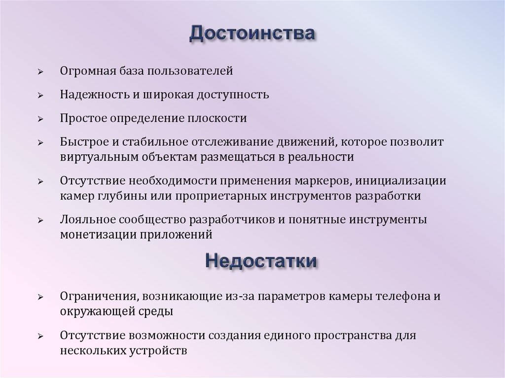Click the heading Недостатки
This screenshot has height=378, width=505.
(x=260, y=260)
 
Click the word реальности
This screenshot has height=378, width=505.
(x=322, y=157)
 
